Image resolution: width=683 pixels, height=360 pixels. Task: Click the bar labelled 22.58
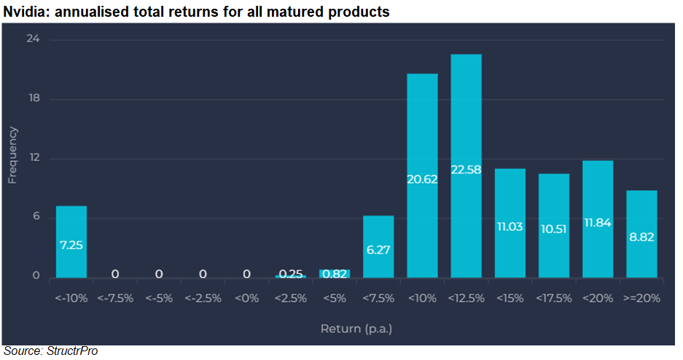[x=466, y=166]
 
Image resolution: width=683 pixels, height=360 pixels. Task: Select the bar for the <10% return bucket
[x=422, y=176]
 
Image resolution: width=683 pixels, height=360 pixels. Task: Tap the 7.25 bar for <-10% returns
[x=71, y=242]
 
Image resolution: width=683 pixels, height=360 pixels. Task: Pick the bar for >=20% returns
[x=641, y=234]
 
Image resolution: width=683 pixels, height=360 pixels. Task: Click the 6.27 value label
[x=378, y=250]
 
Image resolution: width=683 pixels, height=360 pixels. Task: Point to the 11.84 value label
[x=598, y=223]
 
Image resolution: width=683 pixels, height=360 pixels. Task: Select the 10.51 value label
[x=554, y=229]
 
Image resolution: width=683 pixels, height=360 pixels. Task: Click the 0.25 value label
[x=291, y=274]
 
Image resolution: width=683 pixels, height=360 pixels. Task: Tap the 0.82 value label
[x=335, y=274]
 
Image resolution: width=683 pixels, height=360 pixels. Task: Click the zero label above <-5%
[x=159, y=274]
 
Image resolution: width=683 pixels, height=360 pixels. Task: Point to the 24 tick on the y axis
[x=33, y=39]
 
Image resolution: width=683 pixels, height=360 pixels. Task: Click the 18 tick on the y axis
[x=34, y=98]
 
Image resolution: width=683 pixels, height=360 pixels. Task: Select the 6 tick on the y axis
[x=36, y=216]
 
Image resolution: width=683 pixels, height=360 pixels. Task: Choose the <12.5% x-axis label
[x=466, y=298]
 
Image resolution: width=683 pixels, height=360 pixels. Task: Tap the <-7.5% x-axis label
[x=115, y=298]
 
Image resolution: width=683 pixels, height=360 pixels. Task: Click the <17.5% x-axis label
[x=554, y=298]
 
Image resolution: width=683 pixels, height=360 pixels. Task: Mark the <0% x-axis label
[x=246, y=298]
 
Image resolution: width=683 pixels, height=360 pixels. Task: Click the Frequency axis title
[x=12, y=155]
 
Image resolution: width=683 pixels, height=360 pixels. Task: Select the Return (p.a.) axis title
[x=356, y=329]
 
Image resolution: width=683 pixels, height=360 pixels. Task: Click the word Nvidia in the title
[x=26, y=12]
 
